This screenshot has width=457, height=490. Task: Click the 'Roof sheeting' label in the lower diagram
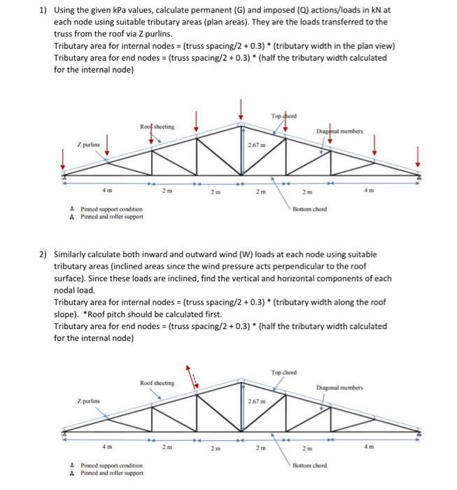[x=157, y=383]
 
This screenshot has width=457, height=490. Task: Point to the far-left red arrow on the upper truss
[x=64, y=160]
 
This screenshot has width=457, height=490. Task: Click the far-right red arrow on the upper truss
[x=419, y=157]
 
